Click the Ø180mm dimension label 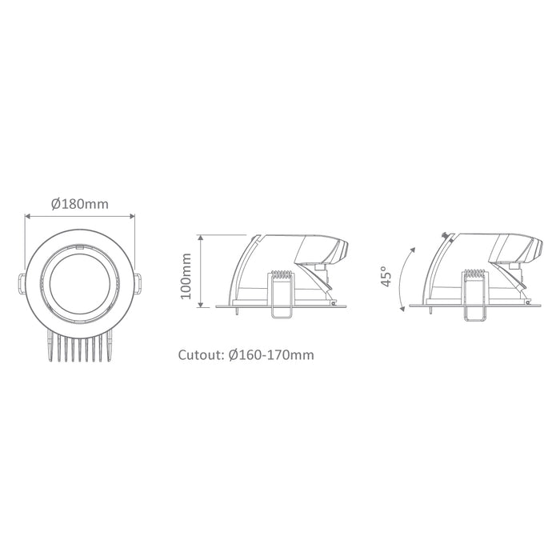click(80, 204)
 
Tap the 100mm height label click(186, 276)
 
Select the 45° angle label click(386, 276)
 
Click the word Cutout click(201, 355)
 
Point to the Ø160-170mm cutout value click(271, 355)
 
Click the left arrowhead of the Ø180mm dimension click(26, 216)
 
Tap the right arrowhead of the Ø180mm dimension click(133, 216)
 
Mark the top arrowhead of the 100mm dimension click(201, 238)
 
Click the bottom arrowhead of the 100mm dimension click(201, 304)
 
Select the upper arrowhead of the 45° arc click(414, 250)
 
